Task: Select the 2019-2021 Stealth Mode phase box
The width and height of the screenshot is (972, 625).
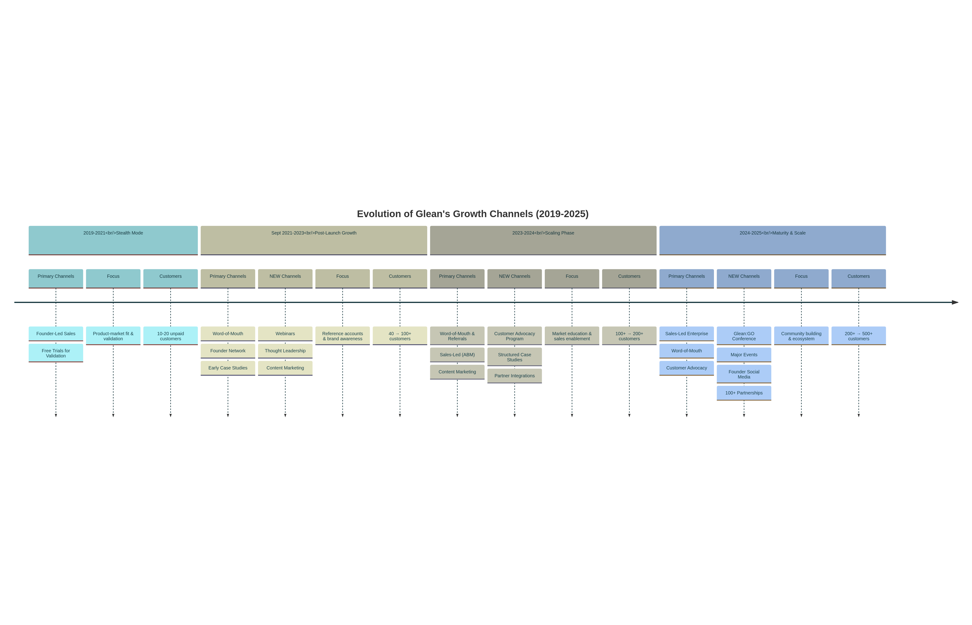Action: click(x=113, y=240)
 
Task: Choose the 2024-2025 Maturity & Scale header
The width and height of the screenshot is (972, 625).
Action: click(x=773, y=240)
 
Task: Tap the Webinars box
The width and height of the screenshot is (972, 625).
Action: click(x=285, y=334)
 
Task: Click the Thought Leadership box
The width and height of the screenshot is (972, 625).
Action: click(x=285, y=351)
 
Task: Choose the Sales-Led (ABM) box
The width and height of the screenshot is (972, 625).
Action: click(x=457, y=355)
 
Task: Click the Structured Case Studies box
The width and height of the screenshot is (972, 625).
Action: click(x=514, y=357)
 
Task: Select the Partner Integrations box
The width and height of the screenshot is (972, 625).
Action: click(x=514, y=376)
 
